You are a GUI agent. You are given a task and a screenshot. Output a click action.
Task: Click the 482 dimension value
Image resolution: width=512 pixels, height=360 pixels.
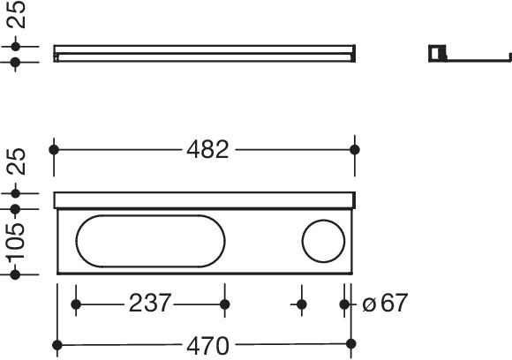coord(207,150)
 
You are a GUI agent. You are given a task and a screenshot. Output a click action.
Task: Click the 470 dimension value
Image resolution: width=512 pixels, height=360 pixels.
coord(207,346)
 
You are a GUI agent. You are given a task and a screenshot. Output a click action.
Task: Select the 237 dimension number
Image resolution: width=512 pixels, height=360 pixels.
coord(150,303)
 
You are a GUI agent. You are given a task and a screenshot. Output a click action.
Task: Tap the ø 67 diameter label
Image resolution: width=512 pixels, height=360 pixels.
coord(385,303)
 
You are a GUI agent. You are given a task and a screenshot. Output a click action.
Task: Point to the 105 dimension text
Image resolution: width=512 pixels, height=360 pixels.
coord(16,241)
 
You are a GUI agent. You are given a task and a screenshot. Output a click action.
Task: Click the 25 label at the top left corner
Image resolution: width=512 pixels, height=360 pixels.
coord(16,15)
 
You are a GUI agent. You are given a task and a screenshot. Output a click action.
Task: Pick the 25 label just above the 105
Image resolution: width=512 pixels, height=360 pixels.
coord(16,161)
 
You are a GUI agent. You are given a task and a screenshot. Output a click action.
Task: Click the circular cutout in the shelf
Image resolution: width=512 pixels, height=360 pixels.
coord(323,220)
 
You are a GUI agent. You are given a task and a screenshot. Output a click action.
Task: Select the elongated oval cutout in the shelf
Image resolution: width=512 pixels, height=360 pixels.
coord(150,215)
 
